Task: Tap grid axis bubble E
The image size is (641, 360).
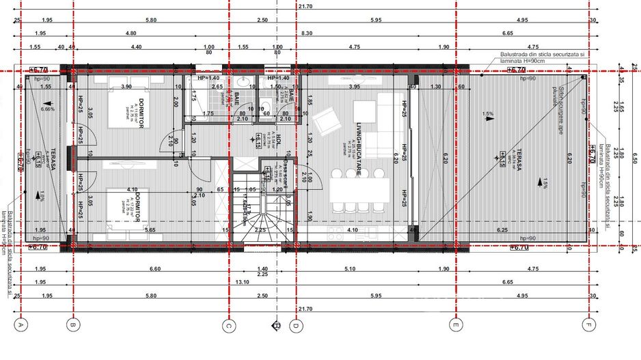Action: (x=454, y=326)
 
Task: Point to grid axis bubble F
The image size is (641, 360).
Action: (x=587, y=326)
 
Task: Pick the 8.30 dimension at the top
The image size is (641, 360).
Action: (x=306, y=33)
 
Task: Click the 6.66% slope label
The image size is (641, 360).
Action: (x=47, y=109)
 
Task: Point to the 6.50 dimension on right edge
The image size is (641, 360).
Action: (x=634, y=157)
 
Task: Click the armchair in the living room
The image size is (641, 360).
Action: (x=326, y=122)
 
